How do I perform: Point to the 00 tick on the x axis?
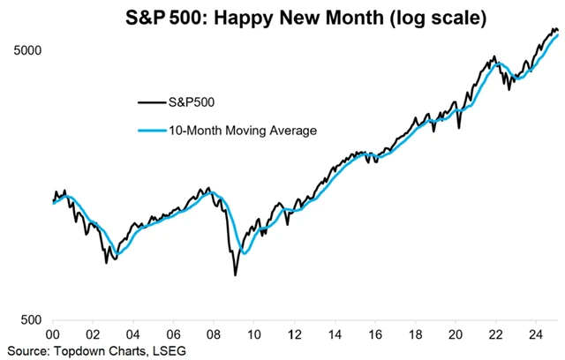pyautogui.click(x=52, y=334)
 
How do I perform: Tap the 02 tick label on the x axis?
pyautogui.click(x=93, y=334)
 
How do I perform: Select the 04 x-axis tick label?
pyautogui.click(x=132, y=334)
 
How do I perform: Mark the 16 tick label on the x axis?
pyautogui.click(x=375, y=334)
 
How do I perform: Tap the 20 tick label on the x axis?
pyautogui.click(x=456, y=334)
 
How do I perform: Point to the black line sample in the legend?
pyautogui.click(x=150, y=102)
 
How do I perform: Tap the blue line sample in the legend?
pyautogui.click(x=150, y=131)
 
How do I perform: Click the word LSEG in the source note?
pyautogui.click(x=167, y=350)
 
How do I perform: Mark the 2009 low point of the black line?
pyautogui.click(x=235, y=275)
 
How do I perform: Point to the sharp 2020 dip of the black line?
pyautogui.click(x=459, y=130)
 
